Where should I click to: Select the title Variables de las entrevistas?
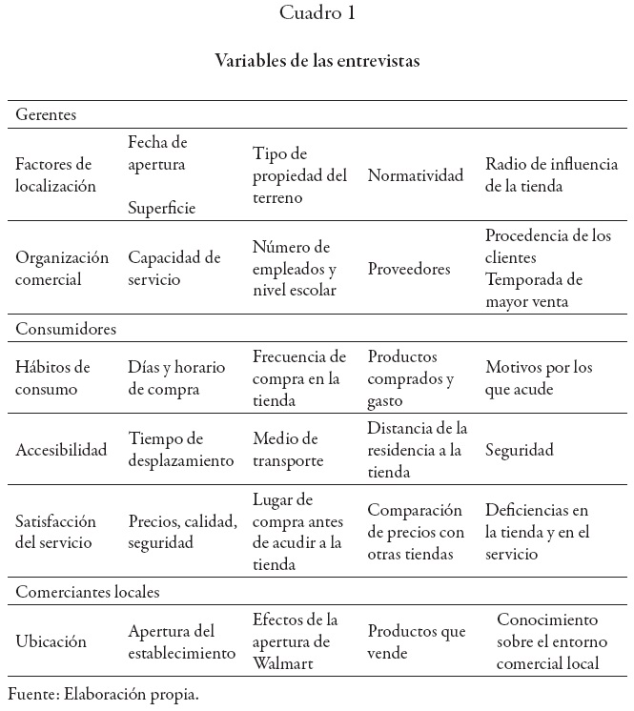pos(317,60)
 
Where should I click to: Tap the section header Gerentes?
pos(46,114)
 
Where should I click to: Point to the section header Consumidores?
pos(66,329)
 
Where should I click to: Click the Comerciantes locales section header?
pos(88,592)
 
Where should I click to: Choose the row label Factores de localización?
pos(55,175)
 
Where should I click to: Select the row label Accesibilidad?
pos(61,450)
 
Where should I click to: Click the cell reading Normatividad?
pos(416,175)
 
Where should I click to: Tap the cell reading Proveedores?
pos(409,270)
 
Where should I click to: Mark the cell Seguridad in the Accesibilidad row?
pos(520,450)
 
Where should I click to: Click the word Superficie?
pos(162,208)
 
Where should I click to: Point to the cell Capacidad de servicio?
pos(174,269)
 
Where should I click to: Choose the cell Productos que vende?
pos(417,642)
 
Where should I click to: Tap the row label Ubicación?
pos(51,642)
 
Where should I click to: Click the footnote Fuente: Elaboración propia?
pos(103,694)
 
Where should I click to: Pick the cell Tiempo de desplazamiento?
pos(181,450)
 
